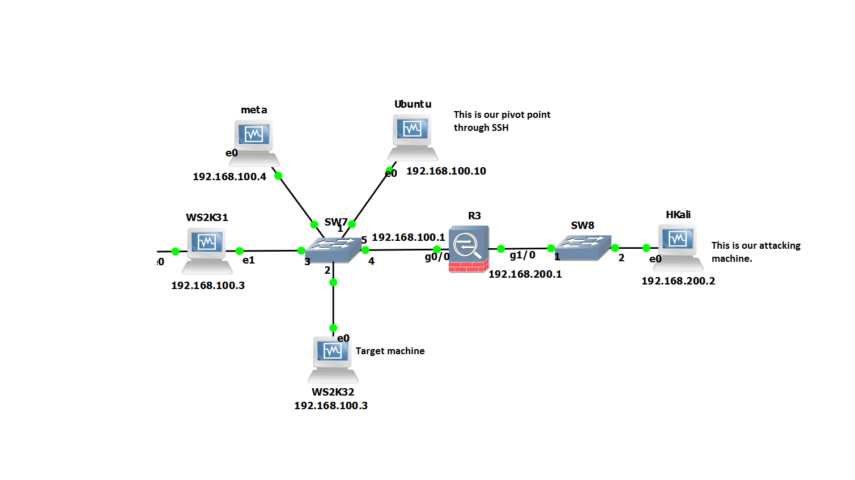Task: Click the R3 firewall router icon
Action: click(469, 249)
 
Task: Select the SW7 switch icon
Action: click(333, 250)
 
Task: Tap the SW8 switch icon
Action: click(583, 248)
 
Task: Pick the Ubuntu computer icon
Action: click(412, 138)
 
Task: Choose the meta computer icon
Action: click(254, 143)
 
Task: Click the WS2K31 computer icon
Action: click(207, 251)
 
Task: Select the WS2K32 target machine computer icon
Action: click(333, 360)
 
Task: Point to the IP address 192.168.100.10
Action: click(446, 171)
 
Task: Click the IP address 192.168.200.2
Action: click(678, 281)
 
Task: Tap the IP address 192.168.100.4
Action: click(229, 177)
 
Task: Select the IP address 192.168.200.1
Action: click(525, 274)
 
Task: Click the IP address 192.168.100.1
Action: click(409, 237)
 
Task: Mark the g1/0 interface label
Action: click(522, 255)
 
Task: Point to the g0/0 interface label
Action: click(437, 257)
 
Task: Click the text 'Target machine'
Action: click(390, 351)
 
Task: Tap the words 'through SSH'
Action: click(481, 128)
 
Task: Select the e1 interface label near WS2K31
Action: click(249, 260)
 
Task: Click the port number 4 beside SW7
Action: click(371, 262)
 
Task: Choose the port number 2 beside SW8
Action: click(622, 258)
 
